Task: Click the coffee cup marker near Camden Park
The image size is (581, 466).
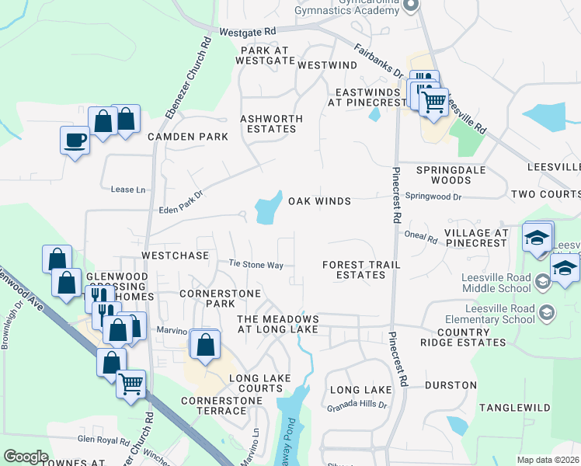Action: (x=75, y=141)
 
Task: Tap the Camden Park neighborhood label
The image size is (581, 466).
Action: (x=188, y=137)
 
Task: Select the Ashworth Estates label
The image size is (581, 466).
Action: (x=271, y=123)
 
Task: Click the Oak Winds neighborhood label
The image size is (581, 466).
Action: (x=320, y=201)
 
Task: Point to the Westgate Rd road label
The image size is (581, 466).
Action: (x=248, y=32)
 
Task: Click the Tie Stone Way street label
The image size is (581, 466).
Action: (x=256, y=265)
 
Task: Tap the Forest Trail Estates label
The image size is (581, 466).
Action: (x=362, y=270)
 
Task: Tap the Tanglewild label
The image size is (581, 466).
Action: (x=514, y=408)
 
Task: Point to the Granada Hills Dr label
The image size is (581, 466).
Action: (x=357, y=406)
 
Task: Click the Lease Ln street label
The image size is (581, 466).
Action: (x=128, y=190)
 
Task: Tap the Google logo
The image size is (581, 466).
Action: (x=26, y=457)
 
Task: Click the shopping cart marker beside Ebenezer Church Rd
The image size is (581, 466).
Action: (x=130, y=383)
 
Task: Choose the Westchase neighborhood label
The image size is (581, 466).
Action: (x=175, y=256)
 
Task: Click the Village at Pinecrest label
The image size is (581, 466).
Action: (x=476, y=238)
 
